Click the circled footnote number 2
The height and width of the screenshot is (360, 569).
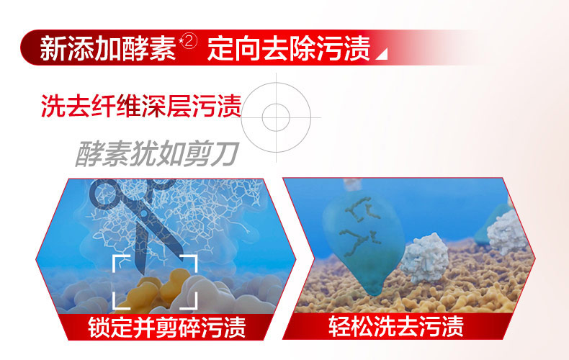coord(190,42)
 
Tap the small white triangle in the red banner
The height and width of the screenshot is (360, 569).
coord(383,55)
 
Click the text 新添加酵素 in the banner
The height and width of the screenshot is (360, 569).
coord(108,48)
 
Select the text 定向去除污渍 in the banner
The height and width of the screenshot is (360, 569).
coord(289,48)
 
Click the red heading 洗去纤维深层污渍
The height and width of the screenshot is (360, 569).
coord(141,106)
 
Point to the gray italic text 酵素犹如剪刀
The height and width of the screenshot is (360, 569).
coord(157,153)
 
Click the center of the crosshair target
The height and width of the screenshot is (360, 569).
coord(276,117)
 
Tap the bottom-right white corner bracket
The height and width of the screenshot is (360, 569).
coord(189,301)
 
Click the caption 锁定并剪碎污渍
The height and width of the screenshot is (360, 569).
coord(167,328)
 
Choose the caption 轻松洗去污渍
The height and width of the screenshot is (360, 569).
coord(396,327)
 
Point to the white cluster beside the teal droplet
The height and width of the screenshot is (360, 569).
coord(425,258)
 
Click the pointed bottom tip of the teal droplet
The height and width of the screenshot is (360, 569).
coord(375,293)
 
